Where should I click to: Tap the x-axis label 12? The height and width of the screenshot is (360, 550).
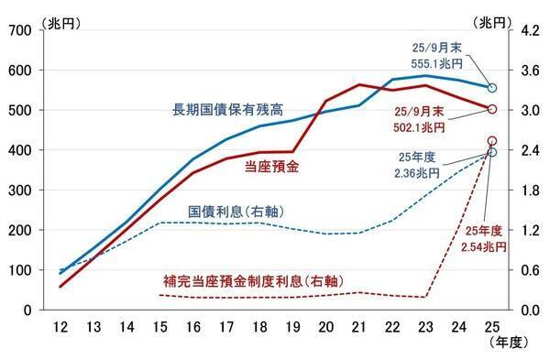tap(61, 328)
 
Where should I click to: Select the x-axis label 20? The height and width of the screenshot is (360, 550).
tap(325, 328)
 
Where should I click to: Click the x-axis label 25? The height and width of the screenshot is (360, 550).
tap(491, 328)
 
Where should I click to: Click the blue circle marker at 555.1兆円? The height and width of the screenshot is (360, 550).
tap(492, 88)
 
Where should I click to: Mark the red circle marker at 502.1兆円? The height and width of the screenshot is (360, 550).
tap(492, 109)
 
